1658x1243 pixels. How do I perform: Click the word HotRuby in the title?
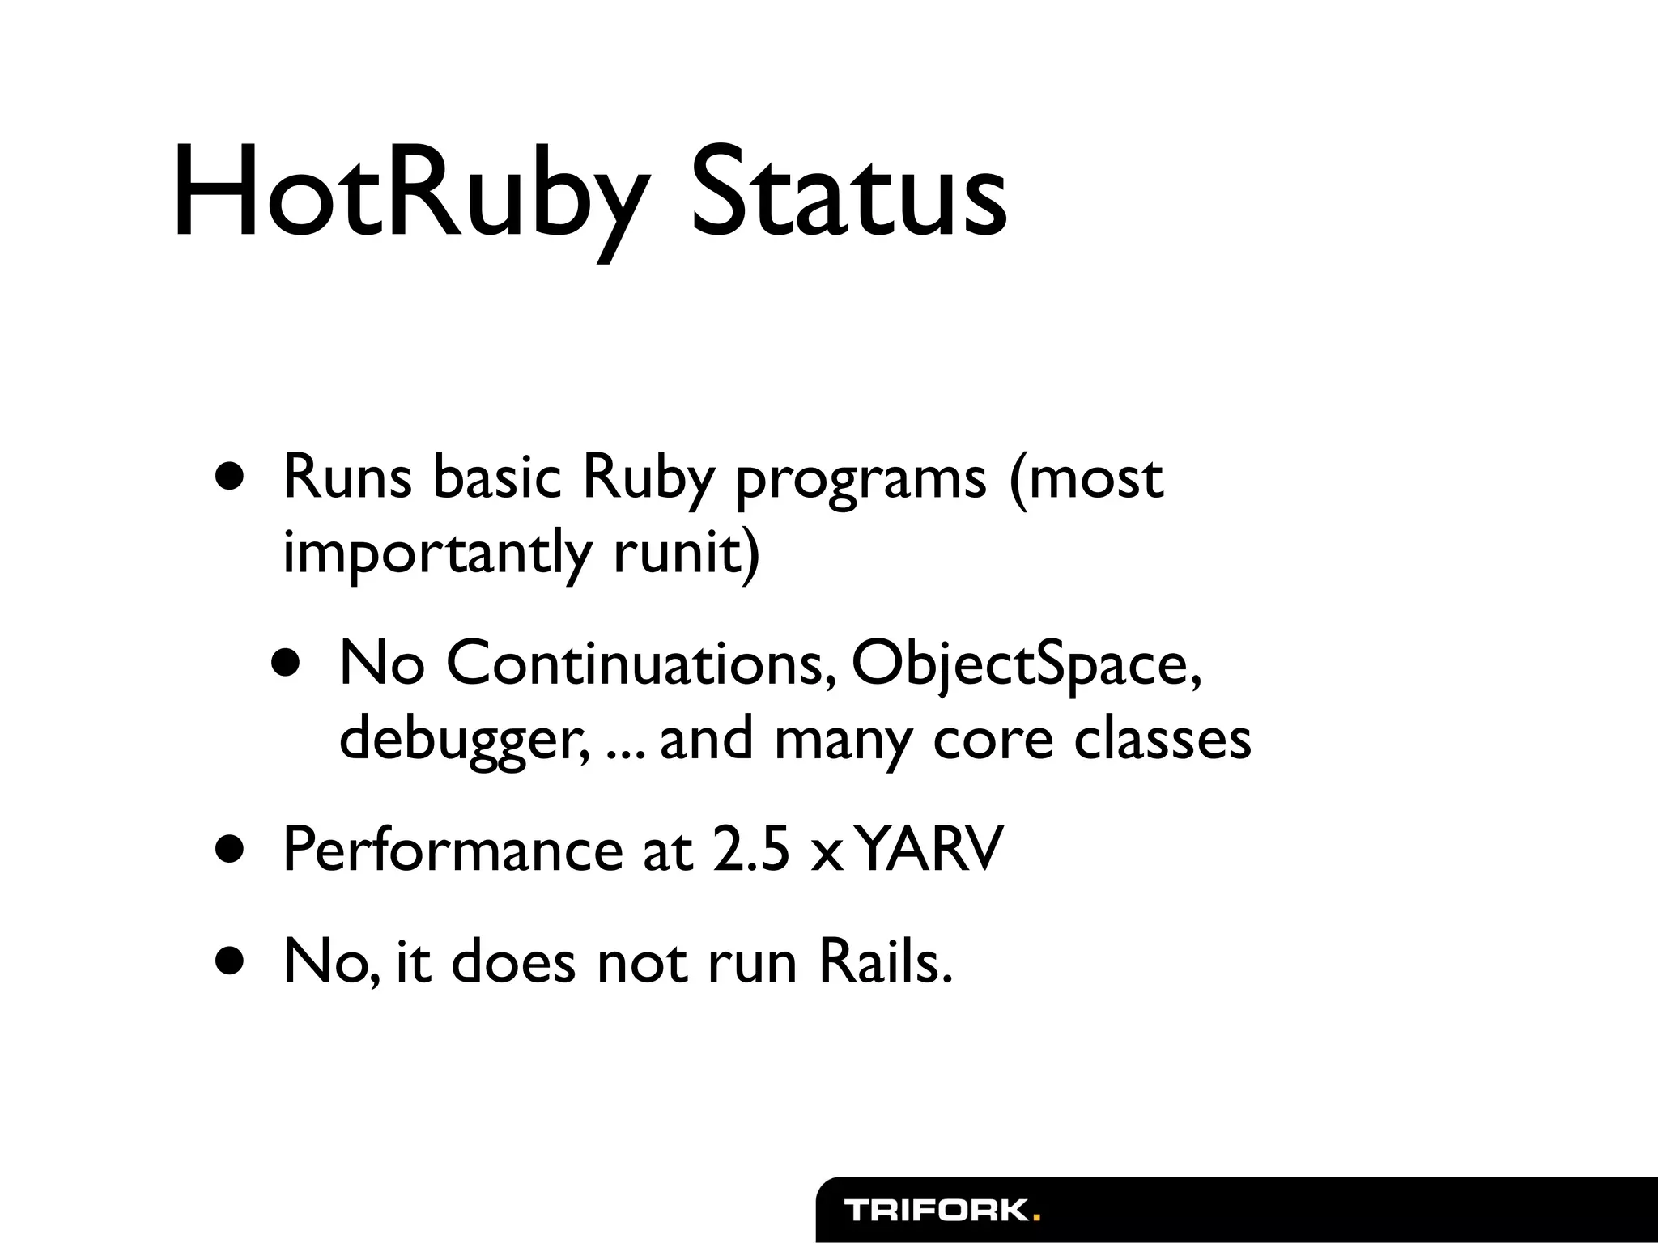pyautogui.click(x=410, y=194)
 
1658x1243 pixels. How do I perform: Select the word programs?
pyautogui.click(x=860, y=482)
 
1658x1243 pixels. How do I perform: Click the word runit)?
pyautogui.click(x=687, y=553)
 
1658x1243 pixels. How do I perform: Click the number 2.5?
pyautogui.click(x=750, y=850)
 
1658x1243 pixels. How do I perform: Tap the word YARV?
pyautogui.click(x=929, y=850)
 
